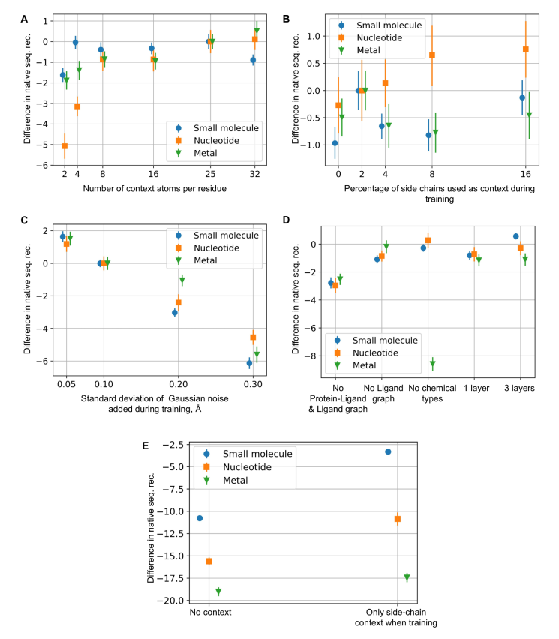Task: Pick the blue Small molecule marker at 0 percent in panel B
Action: (335, 143)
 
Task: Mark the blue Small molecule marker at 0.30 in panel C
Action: (249, 363)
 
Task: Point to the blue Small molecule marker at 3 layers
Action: (515, 236)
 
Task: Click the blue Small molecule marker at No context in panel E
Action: (200, 518)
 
